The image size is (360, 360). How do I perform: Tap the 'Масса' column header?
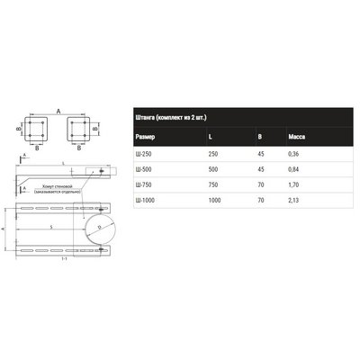pyautogui.click(x=300, y=137)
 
